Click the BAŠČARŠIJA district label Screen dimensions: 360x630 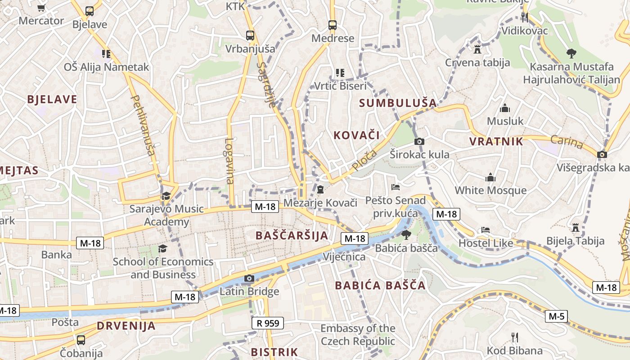(292, 235)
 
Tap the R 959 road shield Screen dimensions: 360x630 (268, 323)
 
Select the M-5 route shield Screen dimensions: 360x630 (556, 316)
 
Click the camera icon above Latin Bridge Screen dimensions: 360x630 (249, 279)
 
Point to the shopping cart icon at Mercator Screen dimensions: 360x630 (41, 8)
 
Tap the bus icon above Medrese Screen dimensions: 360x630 (333, 25)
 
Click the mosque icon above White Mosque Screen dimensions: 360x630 (490, 178)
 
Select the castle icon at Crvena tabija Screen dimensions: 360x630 (477, 49)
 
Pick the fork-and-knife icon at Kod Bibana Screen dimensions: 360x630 (515, 337)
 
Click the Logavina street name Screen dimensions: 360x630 (229, 161)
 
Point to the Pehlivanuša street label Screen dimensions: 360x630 (142, 125)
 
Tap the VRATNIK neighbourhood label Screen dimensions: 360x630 (496, 142)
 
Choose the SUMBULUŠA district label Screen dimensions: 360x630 (398, 103)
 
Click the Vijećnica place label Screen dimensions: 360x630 (344, 257)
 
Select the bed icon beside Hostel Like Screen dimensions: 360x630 (486, 230)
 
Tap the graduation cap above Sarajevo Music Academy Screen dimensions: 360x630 (166, 196)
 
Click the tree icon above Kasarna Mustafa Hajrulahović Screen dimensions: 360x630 (571, 54)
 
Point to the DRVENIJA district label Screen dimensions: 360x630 (126, 326)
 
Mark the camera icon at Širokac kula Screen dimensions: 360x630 (419, 142)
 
